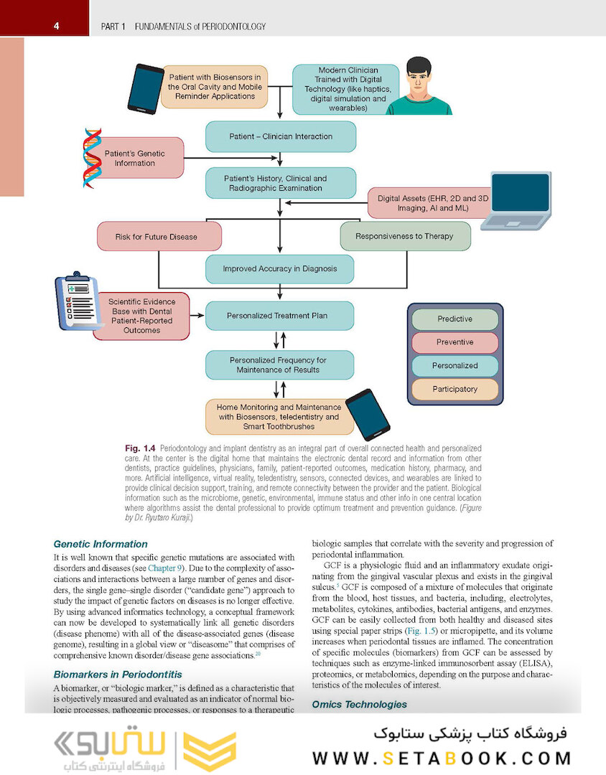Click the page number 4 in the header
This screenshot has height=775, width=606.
click(x=56, y=27)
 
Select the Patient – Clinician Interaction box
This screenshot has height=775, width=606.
click(x=280, y=136)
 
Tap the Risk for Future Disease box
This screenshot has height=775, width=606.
click(x=159, y=237)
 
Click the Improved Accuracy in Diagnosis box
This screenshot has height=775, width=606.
click(x=280, y=270)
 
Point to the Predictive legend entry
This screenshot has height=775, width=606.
click(x=454, y=319)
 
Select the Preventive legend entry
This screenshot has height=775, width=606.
click(x=454, y=342)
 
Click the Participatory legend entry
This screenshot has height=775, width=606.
click(x=454, y=389)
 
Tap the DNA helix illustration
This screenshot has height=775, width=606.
click(x=92, y=157)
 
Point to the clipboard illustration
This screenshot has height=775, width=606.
click(x=78, y=301)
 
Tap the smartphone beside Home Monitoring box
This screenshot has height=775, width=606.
click(x=372, y=414)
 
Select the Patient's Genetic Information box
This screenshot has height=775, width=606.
click(x=135, y=158)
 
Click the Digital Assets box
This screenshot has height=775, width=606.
click(x=423, y=203)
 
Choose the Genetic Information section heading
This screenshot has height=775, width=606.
click(x=91, y=544)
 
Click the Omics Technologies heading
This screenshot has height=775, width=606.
click(x=359, y=704)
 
